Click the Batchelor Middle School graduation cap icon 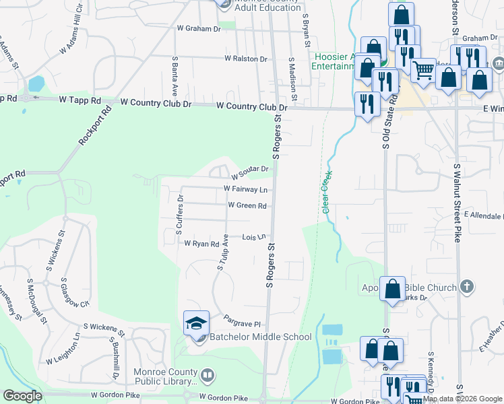coord(197,323)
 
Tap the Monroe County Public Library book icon coord(208,374)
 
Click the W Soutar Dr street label coord(251,173)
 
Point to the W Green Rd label coord(247,205)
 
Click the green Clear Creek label coord(327,193)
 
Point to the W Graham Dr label coord(199,29)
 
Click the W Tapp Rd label coord(80,100)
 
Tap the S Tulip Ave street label coord(223,252)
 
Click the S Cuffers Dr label coord(180,214)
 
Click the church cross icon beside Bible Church coord(466,288)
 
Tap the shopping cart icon coord(423,69)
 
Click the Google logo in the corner coord(22,396)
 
